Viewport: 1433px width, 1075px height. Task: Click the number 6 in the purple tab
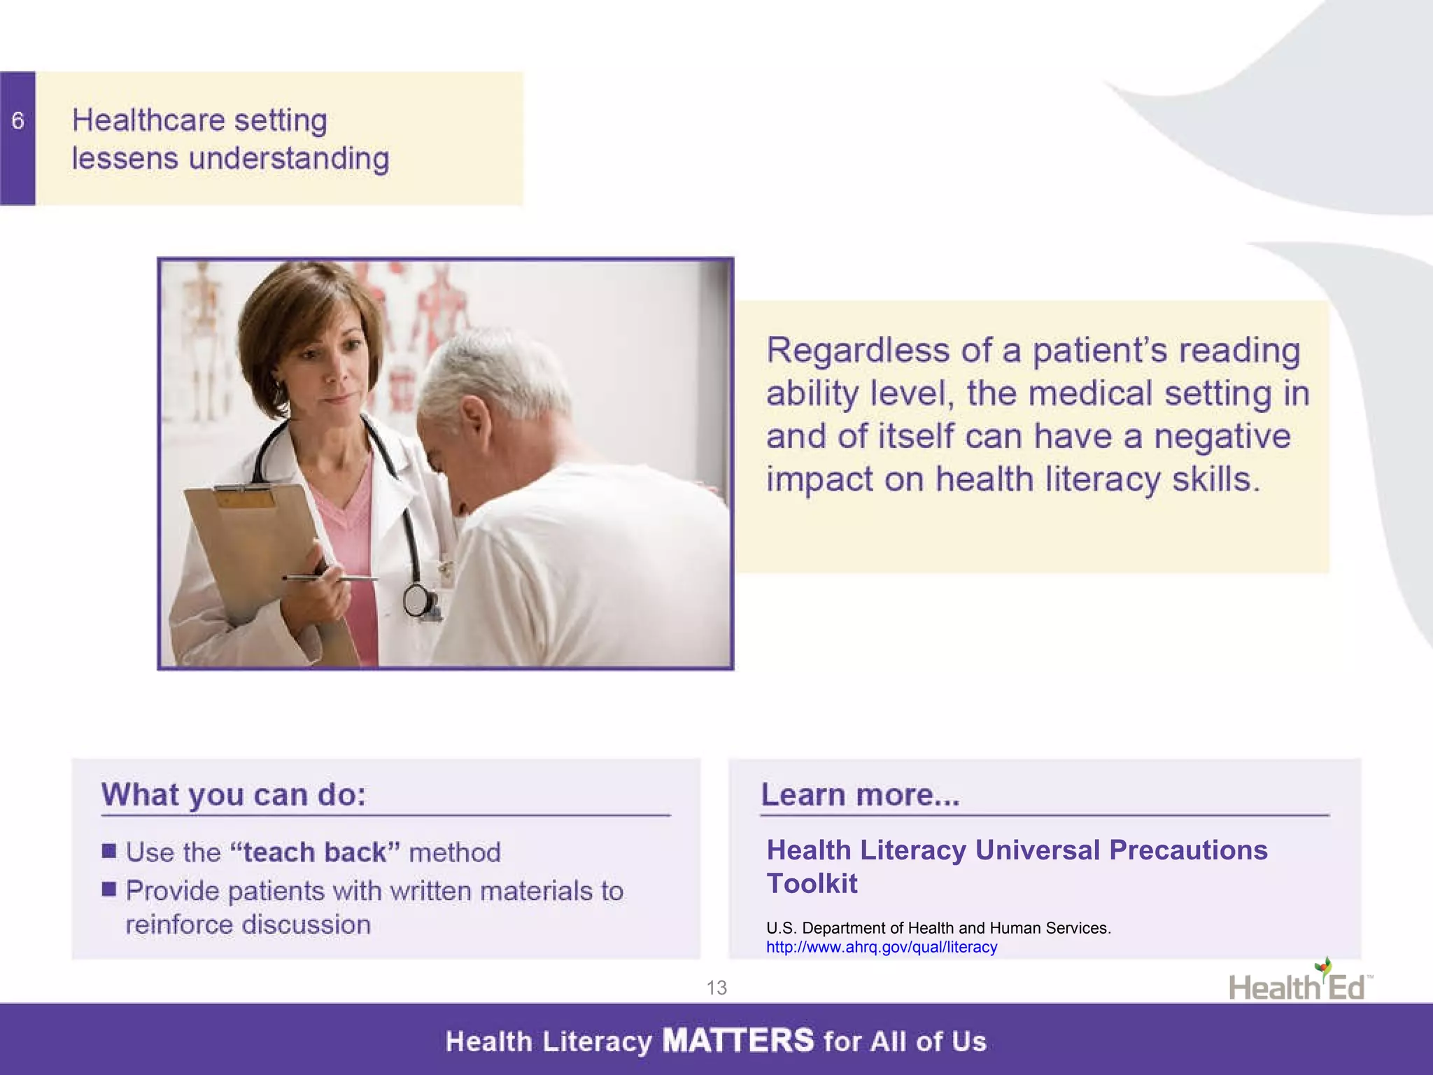[x=18, y=121]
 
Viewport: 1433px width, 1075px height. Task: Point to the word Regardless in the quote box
[x=858, y=350]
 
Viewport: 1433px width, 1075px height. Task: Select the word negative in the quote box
[x=1222, y=436]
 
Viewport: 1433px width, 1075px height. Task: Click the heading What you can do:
[x=234, y=795]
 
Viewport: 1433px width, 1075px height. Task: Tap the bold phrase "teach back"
[x=314, y=852]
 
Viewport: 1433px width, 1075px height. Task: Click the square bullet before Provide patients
[x=109, y=889]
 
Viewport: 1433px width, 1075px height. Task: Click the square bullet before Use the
[x=109, y=851]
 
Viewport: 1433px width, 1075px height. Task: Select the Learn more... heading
[x=860, y=795]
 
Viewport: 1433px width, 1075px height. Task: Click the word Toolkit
[x=812, y=883]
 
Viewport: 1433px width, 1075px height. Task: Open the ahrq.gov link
[x=882, y=947]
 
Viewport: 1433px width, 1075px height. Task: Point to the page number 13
[x=716, y=988]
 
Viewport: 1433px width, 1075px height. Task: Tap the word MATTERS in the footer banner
[x=738, y=1041]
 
